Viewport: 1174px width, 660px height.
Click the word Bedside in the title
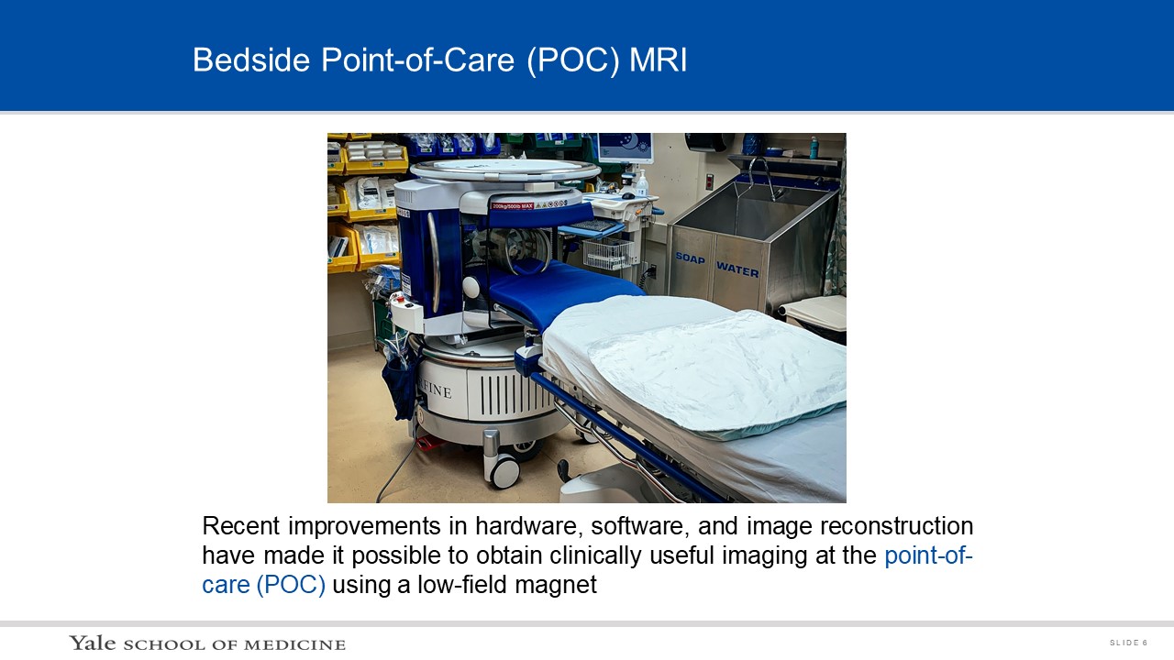(251, 60)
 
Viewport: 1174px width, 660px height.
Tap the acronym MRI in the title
(658, 60)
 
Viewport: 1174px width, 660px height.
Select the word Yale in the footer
(93, 643)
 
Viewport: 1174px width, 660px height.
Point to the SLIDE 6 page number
(1128, 643)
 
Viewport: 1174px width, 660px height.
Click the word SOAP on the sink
(690, 258)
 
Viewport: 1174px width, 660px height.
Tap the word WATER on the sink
(737, 269)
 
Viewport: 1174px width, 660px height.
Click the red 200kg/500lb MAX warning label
(513, 206)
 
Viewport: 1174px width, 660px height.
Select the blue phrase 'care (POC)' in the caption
(263, 585)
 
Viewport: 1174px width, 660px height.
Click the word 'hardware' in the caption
(529, 526)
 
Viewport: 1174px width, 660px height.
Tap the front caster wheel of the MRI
(504, 471)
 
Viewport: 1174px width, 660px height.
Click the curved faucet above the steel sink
(761, 178)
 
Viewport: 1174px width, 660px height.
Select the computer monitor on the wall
(626, 148)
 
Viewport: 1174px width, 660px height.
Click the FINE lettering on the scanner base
(435, 390)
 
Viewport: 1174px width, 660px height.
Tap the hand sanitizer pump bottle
(641, 183)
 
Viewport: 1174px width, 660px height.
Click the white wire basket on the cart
(608, 254)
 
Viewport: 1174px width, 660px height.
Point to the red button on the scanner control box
(402, 300)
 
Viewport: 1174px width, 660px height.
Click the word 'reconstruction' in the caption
(896, 526)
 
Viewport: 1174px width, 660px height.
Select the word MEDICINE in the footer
(294, 644)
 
